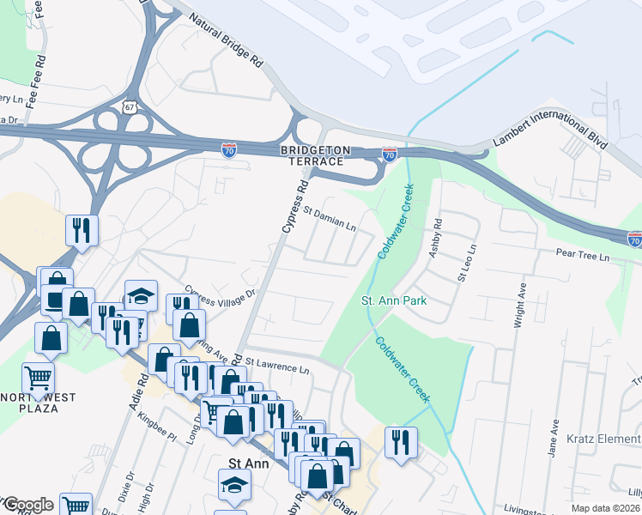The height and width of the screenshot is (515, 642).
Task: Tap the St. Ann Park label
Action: [x=394, y=300]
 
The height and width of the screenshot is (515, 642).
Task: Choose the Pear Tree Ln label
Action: [x=582, y=256]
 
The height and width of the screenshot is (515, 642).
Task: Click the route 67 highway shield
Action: [x=129, y=107]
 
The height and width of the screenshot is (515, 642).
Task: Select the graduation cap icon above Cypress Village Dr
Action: [x=141, y=294]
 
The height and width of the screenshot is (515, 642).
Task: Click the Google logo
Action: [x=27, y=504]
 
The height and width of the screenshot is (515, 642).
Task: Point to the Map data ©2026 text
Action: [x=605, y=508]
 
